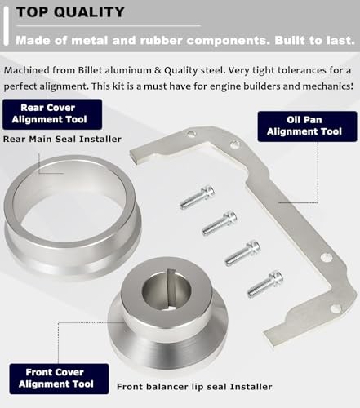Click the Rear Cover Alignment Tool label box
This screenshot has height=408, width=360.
[x=51, y=114]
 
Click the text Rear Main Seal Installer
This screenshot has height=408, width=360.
[x=62, y=139]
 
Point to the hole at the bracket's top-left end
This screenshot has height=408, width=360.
[x=191, y=134]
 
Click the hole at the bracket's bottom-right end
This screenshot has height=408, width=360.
[x=335, y=308]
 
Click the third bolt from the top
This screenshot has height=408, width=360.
[x=242, y=251]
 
